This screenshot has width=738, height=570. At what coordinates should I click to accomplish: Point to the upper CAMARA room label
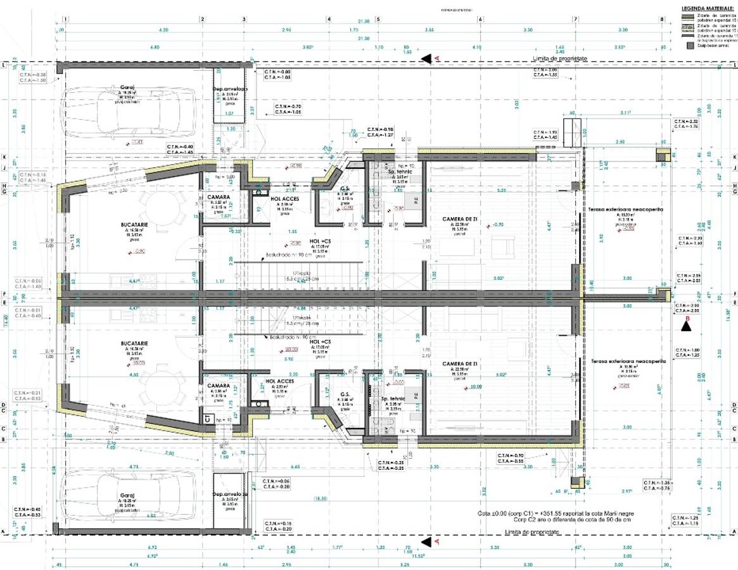219,197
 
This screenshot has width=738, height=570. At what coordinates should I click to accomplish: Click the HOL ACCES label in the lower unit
276,381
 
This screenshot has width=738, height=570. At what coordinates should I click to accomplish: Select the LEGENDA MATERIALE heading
708,8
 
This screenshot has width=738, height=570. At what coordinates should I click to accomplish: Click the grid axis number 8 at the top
662,20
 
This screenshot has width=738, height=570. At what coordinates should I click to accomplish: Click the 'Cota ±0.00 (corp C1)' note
555,513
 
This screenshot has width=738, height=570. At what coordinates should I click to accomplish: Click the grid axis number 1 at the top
66,20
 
